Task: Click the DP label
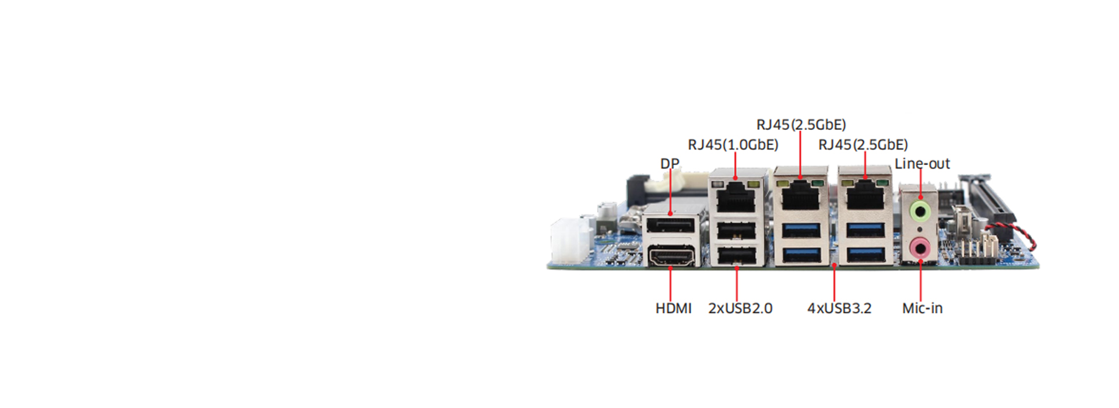669,164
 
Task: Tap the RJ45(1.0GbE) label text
733,145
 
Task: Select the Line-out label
922,164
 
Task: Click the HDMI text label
673,308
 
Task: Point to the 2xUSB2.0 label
740,308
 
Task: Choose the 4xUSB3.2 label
839,308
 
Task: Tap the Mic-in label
922,308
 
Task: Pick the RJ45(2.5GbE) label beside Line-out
863,145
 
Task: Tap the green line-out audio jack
920,211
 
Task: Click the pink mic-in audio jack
920,249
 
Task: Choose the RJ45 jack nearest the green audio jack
865,198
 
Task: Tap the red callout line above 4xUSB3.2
835,283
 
